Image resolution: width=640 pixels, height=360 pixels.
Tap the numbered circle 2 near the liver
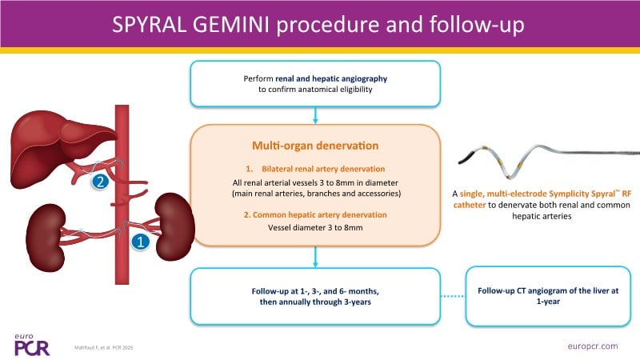pyautogui.click(x=100, y=182)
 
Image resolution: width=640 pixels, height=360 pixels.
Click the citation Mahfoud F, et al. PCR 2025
pyautogui.click(x=110, y=345)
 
